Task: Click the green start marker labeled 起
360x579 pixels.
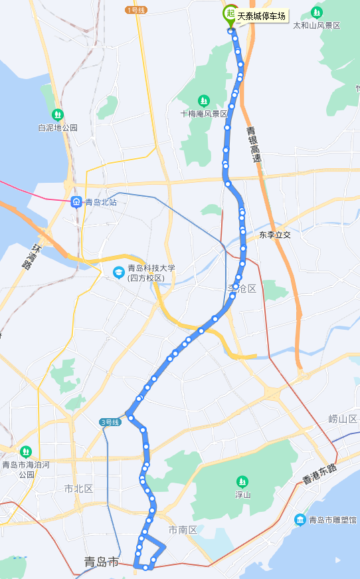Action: point(230,13)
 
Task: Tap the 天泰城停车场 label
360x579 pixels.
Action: point(262,16)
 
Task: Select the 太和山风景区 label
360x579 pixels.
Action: point(317,25)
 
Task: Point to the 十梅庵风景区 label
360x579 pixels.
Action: point(205,113)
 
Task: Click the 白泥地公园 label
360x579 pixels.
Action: point(58,127)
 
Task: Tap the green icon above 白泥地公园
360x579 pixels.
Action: point(58,114)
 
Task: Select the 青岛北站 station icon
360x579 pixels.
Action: point(76,201)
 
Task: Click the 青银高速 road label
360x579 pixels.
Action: point(253,146)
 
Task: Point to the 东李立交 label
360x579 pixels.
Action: point(275,235)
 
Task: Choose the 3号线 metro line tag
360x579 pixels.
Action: point(110,422)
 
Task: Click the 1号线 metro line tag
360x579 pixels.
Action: point(135,10)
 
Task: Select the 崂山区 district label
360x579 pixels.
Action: point(343,419)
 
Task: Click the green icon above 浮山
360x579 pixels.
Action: point(242,481)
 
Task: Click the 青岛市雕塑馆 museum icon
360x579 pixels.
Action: point(300,519)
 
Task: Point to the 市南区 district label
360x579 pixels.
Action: point(183,530)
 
